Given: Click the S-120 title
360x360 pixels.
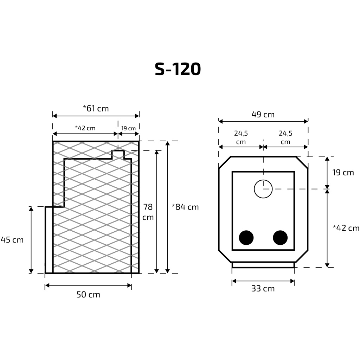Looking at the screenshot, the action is point(178,69).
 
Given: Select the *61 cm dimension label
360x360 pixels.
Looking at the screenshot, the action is point(96,108).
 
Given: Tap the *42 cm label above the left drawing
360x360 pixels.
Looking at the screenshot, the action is point(85,128).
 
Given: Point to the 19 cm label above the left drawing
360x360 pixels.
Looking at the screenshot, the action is point(128,128).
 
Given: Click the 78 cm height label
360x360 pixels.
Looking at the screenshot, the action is point(148,212).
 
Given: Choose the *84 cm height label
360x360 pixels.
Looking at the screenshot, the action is point(185,207).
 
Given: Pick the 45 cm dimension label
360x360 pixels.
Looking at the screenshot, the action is point(12,240).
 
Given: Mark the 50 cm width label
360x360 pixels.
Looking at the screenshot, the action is point(88,295).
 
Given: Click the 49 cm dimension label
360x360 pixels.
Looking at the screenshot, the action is point(263,114).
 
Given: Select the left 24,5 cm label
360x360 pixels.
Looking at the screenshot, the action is point(241,137).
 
